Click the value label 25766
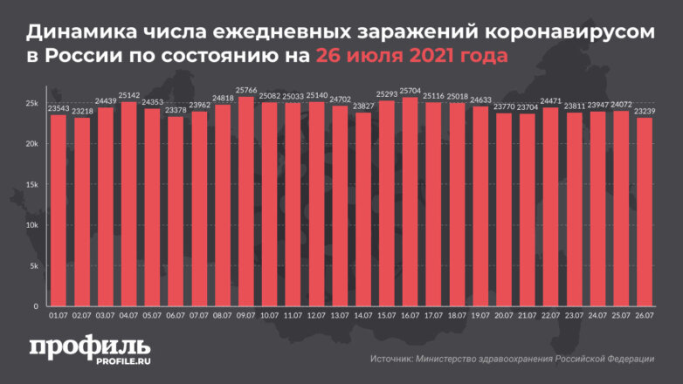coord(246,91)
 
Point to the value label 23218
coord(82,112)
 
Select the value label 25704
coord(410,91)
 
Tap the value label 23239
coord(645,112)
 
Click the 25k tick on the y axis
coord(30,104)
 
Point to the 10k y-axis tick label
coord(30,225)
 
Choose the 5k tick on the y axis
coord(31,266)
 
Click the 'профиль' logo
coord(88,346)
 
